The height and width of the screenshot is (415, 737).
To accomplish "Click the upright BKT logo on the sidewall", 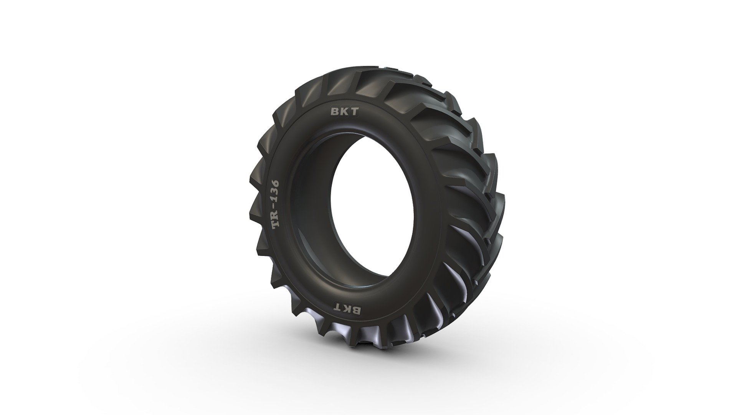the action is (344, 112).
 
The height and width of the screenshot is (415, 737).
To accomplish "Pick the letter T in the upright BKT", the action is (354, 112).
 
